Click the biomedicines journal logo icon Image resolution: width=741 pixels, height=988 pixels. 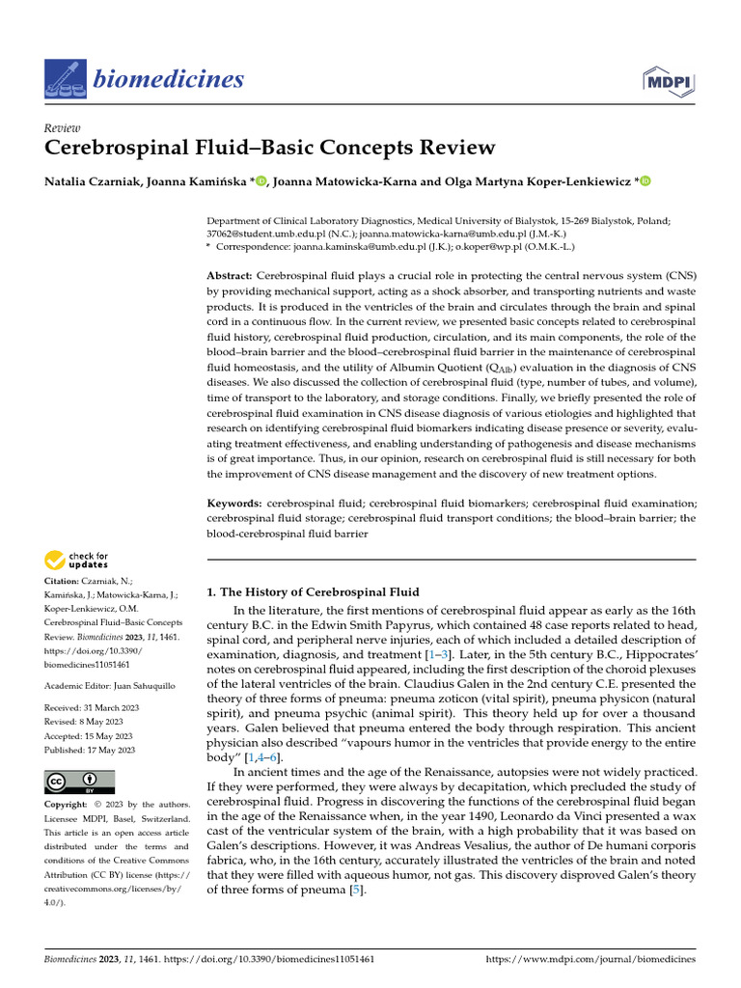pyautogui.click(x=65, y=78)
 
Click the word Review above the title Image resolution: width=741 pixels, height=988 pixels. pyautogui.click(x=63, y=128)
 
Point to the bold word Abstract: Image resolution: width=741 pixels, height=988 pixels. pyautogui.click(x=231, y=276)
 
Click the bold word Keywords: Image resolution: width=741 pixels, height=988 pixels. pyautogui.click(x=235, y=504)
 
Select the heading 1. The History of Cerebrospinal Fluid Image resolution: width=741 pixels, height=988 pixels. pyautogui.click(x=314, y=591)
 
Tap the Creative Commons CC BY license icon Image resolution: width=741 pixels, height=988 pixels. pyautogui.click(x=80, y=782)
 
